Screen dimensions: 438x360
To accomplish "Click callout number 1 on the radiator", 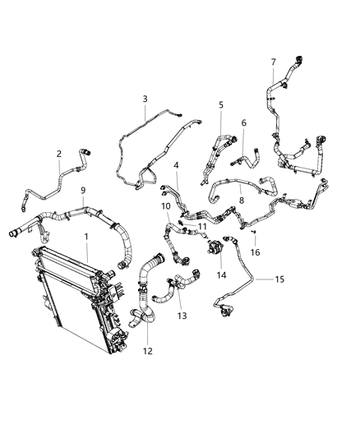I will click(x=87, y=237).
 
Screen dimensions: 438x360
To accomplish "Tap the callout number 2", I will click(x=59, y=154).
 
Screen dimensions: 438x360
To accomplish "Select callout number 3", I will click(x=145, y=99).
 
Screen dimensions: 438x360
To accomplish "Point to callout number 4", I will click(x=176, y=166).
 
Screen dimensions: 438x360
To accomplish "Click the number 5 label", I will click(x=221, y=104).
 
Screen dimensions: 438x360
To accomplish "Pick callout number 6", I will click(x=243, y=122).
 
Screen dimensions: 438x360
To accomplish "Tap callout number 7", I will click(x=273, y=62).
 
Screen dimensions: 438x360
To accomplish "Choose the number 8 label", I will click(x=241, y=198).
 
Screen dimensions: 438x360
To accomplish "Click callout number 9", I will click(x=83, y=191).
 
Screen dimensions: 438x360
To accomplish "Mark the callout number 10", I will click(x=165, y=205).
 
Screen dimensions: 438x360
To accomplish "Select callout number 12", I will click(x=148, y=352).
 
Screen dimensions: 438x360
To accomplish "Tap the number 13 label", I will click(x=182, y=316).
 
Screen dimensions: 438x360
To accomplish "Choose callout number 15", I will click(x=279, y=279).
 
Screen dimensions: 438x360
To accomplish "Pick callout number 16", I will click(x=256, y=252).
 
